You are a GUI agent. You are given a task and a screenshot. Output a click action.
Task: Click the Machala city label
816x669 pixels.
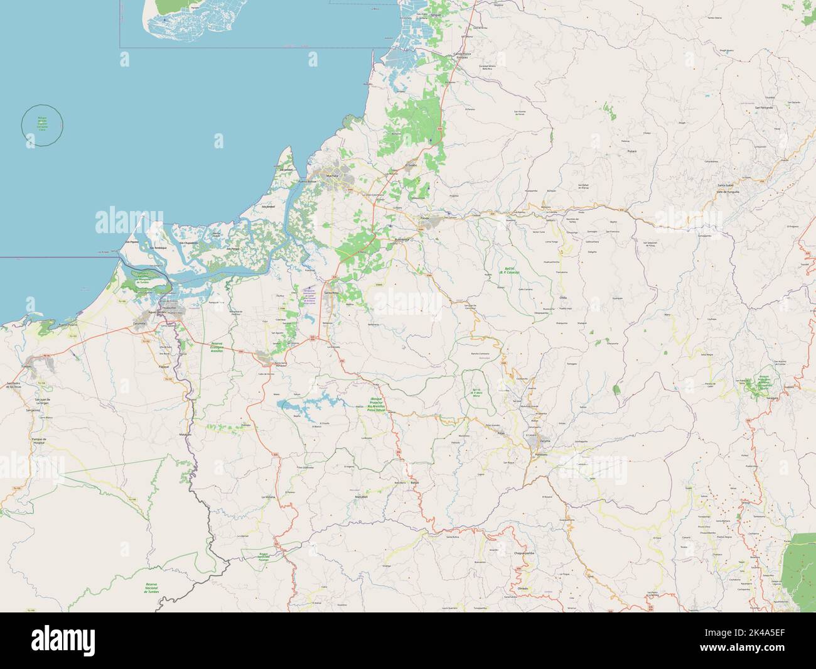point(331,176)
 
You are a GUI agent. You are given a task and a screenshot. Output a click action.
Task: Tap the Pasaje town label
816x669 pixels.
point(425,218)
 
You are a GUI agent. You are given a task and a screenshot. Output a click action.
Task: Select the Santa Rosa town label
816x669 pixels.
point(331,293)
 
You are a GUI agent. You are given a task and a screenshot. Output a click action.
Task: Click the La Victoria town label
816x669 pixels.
point(268,496)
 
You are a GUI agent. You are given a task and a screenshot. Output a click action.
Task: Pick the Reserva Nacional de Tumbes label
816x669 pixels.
point(151,587)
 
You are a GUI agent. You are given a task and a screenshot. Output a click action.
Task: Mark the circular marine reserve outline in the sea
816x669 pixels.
point(43,126)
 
